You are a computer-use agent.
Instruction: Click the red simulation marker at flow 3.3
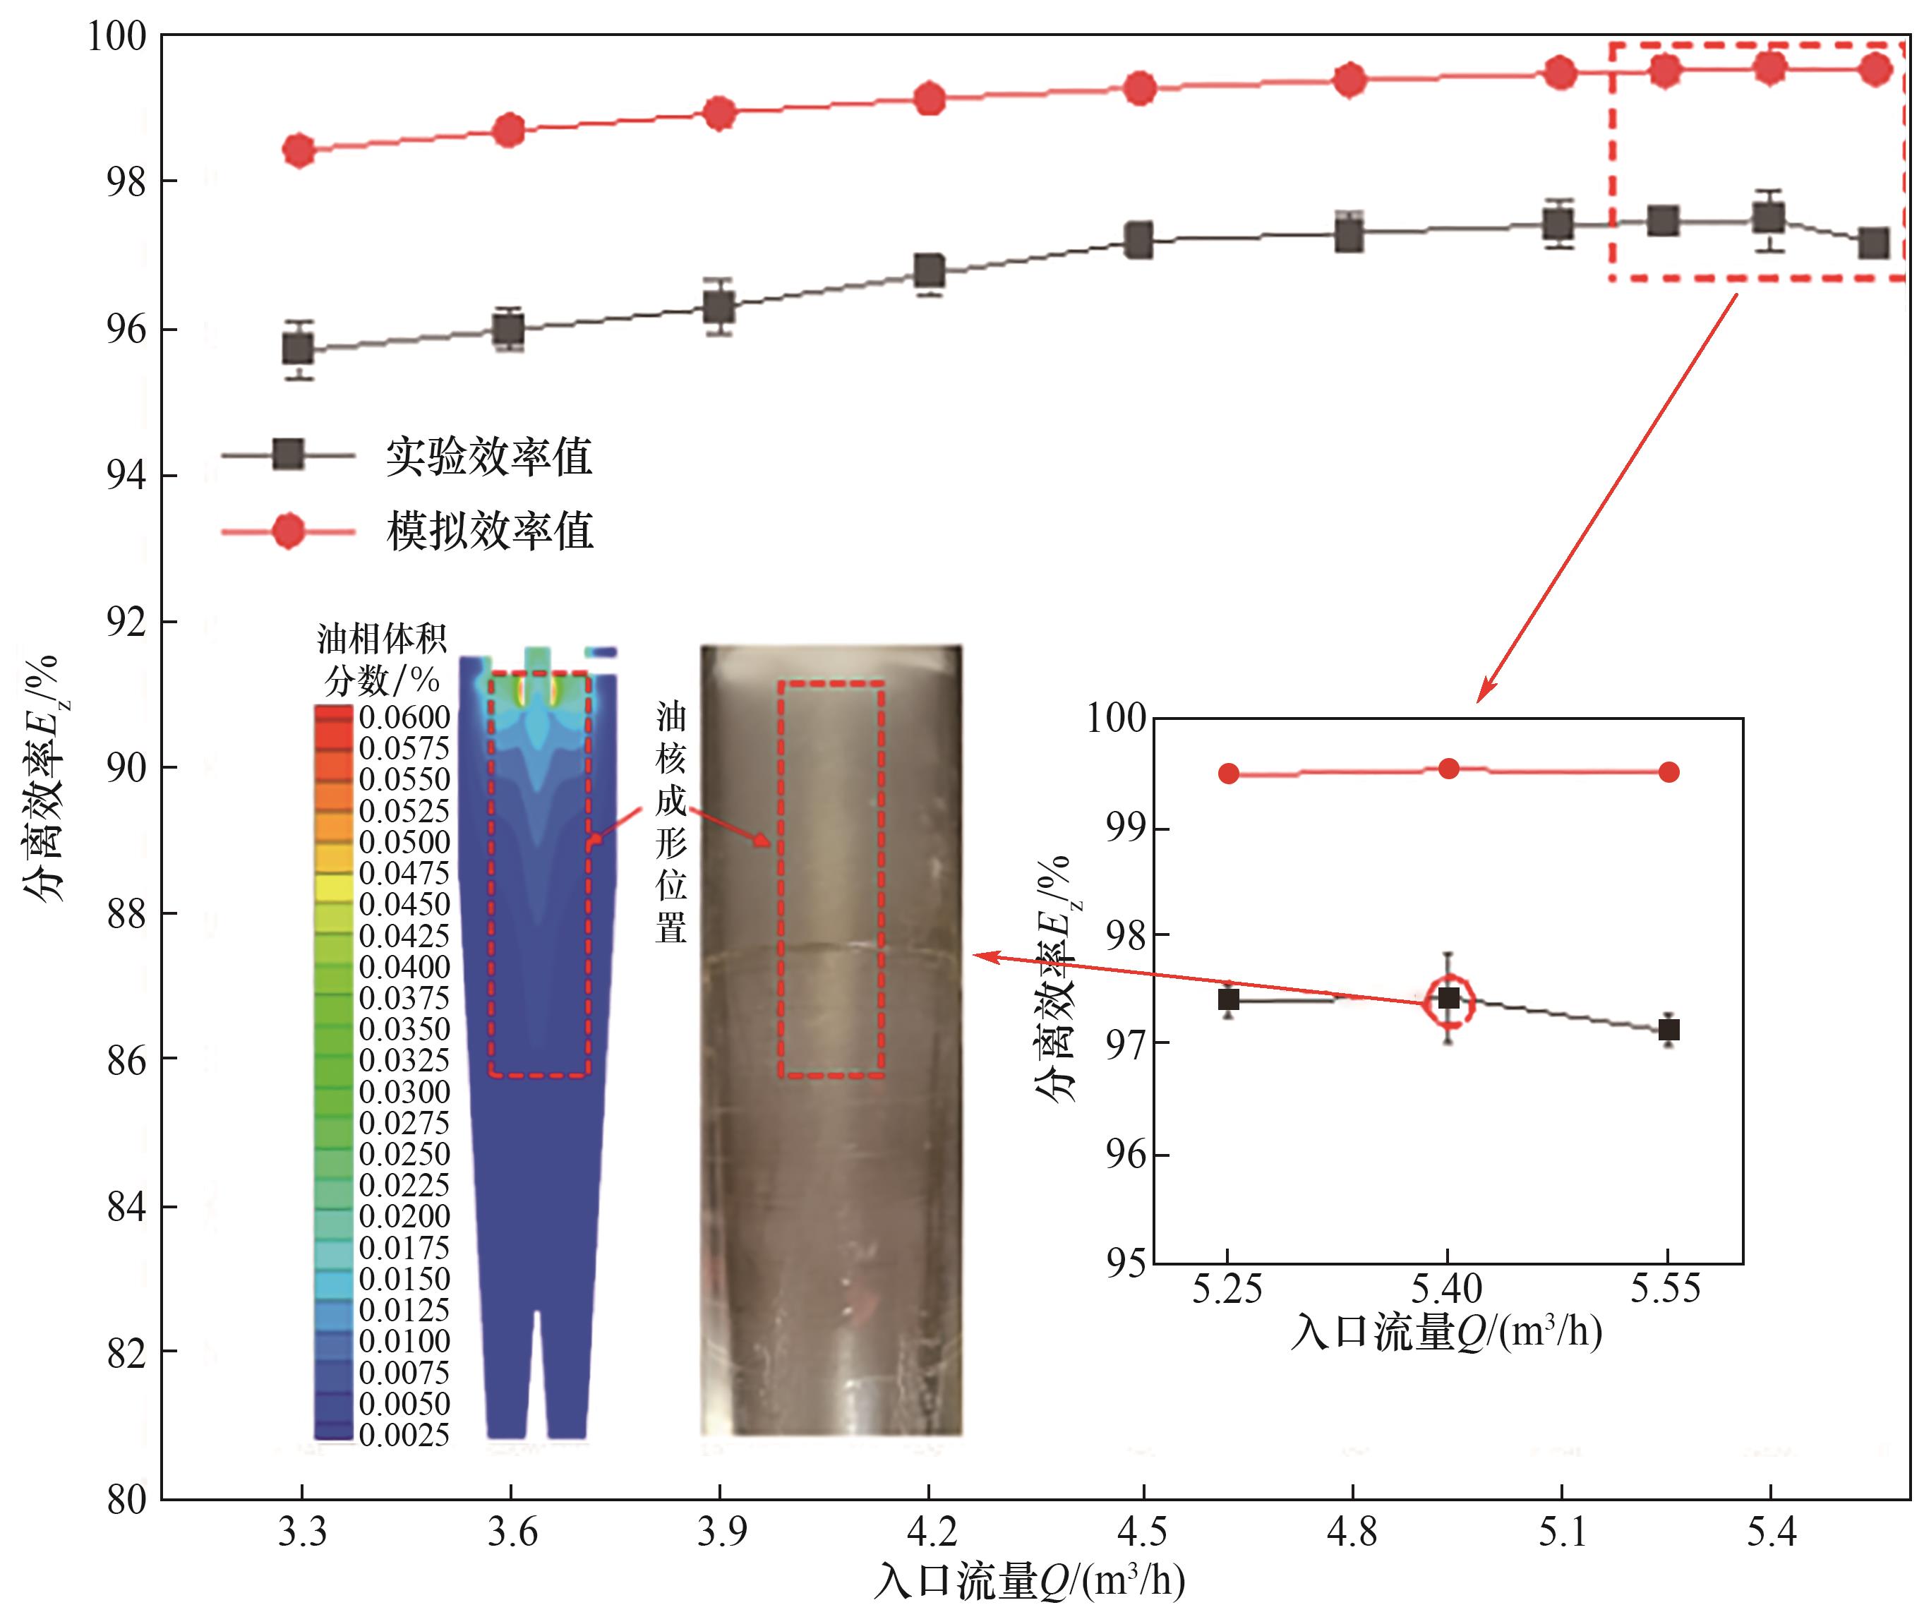point(299,150)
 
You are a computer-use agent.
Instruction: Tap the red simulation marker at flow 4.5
point(1139,88)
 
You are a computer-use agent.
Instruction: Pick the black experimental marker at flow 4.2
point(930,271)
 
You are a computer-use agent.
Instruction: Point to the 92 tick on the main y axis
point(126,623)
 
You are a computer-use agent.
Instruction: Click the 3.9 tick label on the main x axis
point(721,1532)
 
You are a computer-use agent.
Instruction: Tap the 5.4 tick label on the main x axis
point(1771,1532)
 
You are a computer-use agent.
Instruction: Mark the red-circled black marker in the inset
point(1448,998)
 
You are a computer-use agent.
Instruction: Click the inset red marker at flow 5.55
point(1669,772)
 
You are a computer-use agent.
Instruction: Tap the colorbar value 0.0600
point(404,717)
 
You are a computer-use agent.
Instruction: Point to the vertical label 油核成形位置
point(670,822)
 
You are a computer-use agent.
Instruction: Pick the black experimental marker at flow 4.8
point(1349,236)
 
